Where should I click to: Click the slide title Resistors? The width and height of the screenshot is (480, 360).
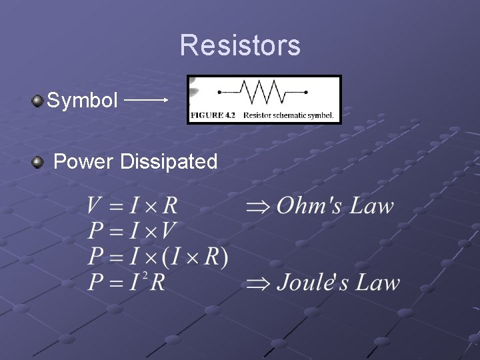[x=240, y=45]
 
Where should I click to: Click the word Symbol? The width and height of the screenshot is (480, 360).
[x=82, y=101]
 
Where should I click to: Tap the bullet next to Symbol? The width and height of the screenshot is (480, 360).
[x=37, y=101]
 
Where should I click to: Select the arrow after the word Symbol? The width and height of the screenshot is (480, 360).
[x=146, y=100]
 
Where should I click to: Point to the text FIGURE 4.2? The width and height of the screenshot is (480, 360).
[x=213, y=115]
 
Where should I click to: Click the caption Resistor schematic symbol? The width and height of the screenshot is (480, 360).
[x=288, y=115]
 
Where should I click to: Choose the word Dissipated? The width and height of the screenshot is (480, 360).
[x=169, y=161]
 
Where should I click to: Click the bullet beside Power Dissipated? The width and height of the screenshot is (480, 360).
[x=39, y=161]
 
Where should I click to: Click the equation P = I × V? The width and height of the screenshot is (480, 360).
[x=131, y=231]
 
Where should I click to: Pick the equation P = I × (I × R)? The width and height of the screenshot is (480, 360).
[x=158, y=257]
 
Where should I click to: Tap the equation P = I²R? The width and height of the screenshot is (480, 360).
[x=126, y=282]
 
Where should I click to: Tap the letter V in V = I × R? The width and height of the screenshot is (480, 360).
[x=94, y=206]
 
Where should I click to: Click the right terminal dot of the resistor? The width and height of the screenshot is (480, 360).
[x=306, y=92]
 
